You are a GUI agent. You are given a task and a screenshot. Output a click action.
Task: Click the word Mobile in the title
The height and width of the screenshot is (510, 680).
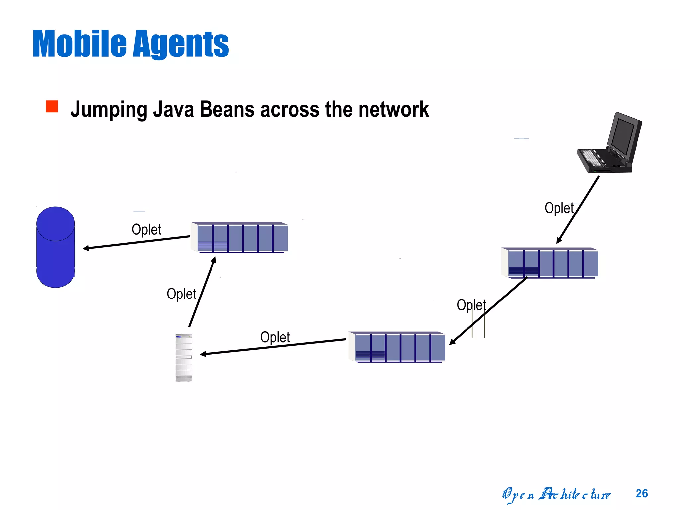tap(79, 44)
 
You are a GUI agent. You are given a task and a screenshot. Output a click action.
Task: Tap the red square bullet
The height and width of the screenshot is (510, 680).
tap(52, 107)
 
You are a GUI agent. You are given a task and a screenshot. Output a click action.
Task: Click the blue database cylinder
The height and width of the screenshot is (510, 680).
tap(55, 247)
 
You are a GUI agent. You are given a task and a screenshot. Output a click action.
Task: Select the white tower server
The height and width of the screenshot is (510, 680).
tap(184, 358)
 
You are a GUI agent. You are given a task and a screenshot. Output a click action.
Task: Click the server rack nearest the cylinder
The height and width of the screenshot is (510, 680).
tap(239, 237)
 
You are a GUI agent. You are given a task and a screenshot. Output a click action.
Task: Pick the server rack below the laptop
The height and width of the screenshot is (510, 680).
tap(550, 263)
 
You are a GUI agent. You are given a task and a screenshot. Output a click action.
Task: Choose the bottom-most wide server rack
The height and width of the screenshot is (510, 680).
tap(397, 347)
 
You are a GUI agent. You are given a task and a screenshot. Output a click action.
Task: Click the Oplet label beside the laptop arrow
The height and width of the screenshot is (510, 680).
tap(559, 208)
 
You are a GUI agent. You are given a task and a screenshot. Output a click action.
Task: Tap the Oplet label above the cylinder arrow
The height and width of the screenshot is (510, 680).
tap(146, 229)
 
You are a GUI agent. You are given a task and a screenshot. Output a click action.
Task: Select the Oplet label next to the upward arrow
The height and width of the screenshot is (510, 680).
tap(181, 294)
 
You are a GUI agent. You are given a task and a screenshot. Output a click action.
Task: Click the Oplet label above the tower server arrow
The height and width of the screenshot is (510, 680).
tap(275, 337)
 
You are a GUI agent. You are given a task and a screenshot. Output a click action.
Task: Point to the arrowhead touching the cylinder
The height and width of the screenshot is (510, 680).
tap(86, 248)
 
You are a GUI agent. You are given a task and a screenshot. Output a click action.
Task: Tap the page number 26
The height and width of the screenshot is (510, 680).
tap(641, 493)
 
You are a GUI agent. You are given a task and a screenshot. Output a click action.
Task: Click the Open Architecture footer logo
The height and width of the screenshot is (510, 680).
tap(556, 495)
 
